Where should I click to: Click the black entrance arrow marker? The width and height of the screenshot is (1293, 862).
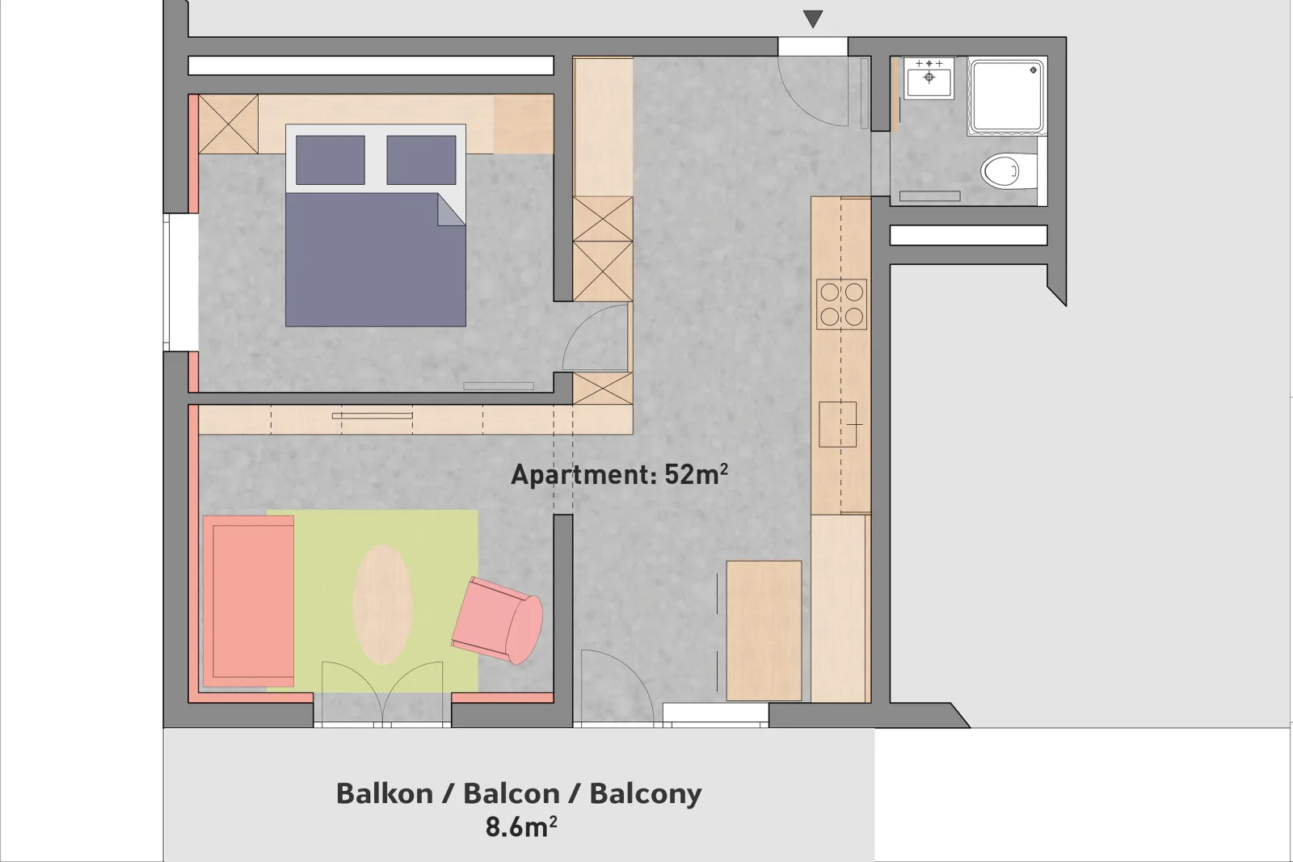click(813, 19)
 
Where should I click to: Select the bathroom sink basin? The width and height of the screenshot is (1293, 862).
click(929, 78)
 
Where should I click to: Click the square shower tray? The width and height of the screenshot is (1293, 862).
click(1007, 96)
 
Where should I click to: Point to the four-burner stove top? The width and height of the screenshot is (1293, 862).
click(841, 305)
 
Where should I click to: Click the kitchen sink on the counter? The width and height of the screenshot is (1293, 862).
click(837, 424)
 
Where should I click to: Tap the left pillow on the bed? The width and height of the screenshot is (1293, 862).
click(331, 160)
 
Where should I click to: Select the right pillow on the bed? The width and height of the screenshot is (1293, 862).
click(421, 160)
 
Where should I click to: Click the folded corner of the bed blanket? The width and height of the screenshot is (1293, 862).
click(452, 209)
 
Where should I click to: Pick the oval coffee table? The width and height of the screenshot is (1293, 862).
click(382, 604)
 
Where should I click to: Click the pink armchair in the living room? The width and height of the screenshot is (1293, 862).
click(498, 620)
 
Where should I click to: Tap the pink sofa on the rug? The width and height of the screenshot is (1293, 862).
click(248, 601)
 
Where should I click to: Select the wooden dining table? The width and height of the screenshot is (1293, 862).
click(764, 631)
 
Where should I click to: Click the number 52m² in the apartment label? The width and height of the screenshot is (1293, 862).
click(696, 474)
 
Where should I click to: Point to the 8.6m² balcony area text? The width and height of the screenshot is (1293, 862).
click(520, 826)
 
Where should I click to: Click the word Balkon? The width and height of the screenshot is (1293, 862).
click(385, 793)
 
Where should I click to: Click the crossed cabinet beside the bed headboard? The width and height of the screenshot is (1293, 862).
click(228, 124)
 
